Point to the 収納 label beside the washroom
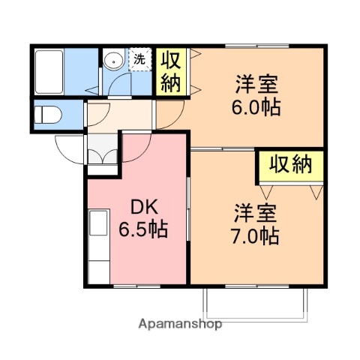click(171, 71)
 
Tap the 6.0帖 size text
click(256, 108)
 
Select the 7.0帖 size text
click(256, 236)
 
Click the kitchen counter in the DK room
click(97, 244)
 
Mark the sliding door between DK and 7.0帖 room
click(187, 210)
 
